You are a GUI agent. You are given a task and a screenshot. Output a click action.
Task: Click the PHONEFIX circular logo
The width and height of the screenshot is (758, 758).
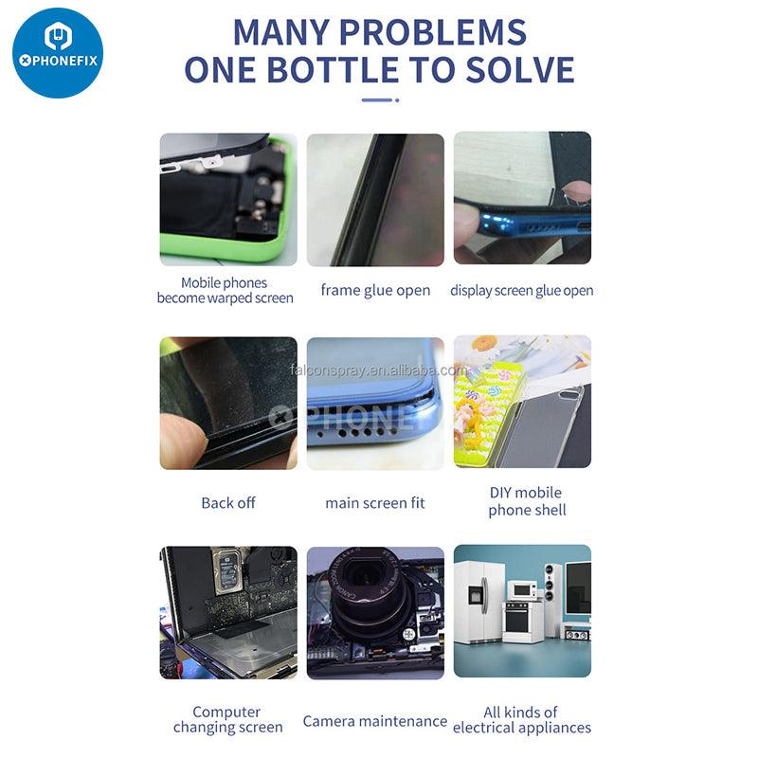(x=58, y=53)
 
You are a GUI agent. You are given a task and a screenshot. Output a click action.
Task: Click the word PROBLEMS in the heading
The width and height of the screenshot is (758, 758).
(x=433, y=32)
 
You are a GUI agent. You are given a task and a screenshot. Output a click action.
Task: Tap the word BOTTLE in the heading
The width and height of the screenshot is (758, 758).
(x=334, y=69)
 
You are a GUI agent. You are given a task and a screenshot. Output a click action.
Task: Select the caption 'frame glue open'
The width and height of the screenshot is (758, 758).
(x=375, y=290)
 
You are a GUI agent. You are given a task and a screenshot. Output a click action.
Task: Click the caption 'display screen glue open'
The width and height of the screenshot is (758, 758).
(x=522, y=290)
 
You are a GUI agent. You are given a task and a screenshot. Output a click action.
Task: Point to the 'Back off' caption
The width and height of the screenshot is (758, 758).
(x=228, y=503)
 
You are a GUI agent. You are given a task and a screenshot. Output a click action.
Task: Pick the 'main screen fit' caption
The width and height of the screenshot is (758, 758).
(x=375, y=503)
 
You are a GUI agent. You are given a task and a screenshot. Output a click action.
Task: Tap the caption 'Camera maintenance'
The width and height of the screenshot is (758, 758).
(x=375, y=721)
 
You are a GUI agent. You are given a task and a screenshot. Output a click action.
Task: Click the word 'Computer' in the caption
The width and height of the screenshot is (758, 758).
(x=226, y=712)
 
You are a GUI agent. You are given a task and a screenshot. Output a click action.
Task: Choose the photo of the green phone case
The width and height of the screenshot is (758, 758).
(x=228, y=199)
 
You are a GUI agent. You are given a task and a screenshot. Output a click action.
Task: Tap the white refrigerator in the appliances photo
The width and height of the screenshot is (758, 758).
(x=479, y=602)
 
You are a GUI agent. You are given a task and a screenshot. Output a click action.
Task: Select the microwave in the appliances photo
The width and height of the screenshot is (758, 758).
(x=522, y=589)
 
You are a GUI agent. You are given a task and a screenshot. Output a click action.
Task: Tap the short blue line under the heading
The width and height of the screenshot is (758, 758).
(x=377, y=100)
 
